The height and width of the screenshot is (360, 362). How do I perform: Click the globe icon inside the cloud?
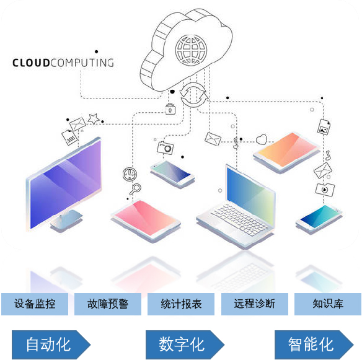click(x=191, y=50)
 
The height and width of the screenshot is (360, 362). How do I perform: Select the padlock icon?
click(x=170, y=109)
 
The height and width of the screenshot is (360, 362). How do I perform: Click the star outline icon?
click(x=94, y=119)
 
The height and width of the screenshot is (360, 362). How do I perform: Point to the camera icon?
click(x=165, y=148)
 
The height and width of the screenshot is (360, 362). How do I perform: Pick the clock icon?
click(x=130, y=174)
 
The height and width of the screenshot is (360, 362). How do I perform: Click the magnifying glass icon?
click(x=135, y=189)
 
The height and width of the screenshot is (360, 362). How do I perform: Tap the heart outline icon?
click(x=262, y=139)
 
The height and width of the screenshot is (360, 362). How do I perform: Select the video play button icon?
click(x=325, y=190)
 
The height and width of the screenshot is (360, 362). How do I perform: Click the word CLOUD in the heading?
click(x=31, y=63)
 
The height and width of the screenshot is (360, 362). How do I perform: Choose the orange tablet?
click(x=286, y=152)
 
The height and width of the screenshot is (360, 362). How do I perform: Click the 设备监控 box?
click(x=35, y=304)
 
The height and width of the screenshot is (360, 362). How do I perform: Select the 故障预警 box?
click(x=108, y=304)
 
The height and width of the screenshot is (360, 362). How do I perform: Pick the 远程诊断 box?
click(x=255, y=304)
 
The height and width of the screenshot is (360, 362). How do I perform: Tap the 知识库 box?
click(x=328, y=304)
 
